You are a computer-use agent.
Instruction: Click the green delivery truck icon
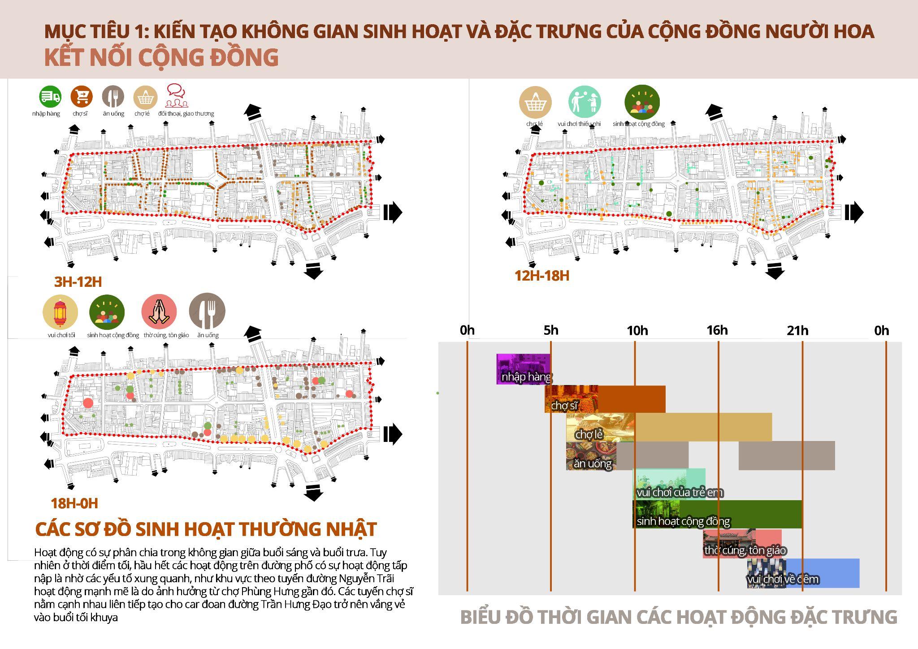(x=50, y=96)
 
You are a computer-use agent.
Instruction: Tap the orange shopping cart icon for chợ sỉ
(x=82, y=96)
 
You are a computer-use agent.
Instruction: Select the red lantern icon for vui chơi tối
(x=60, y=312)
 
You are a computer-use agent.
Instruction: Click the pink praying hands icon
(x=159, y=312)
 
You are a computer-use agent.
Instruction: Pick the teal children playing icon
(x=585, y=102)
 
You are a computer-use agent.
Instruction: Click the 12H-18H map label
(x=542, y=276)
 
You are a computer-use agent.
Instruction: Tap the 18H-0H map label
(x=74, y=503)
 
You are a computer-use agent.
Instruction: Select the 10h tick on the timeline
(x=637, y=331)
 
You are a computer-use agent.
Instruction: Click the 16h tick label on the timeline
(x=717, y=330)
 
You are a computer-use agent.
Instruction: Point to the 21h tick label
(x=797, y=331)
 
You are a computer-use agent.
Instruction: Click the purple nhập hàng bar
(x=523, y=369)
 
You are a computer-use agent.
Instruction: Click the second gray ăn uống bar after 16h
(x=787, y=455)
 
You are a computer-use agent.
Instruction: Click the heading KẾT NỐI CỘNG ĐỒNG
(x=161, y=57)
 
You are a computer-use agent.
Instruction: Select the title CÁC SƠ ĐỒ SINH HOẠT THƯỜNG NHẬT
(x=206, y=529)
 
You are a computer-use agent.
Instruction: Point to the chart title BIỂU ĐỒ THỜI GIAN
(x=679, y=617)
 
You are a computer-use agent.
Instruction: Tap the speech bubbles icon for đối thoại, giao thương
(x=176, y=96)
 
